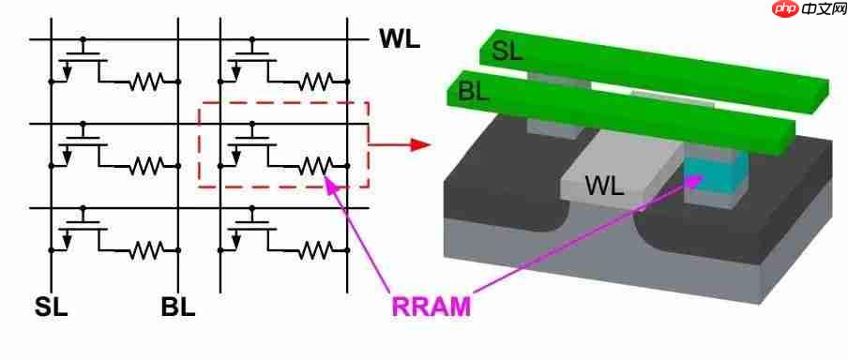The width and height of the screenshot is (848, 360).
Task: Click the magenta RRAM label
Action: [431, 307]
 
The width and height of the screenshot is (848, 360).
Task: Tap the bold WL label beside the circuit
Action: [399, 38]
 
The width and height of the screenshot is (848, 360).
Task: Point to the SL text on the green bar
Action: [507, 52]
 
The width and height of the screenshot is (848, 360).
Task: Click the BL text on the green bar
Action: [474, 93]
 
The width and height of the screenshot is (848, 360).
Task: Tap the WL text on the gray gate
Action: [605, 187]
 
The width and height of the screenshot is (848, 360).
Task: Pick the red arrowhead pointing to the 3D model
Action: [419, 145]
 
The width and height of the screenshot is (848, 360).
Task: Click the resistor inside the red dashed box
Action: [315, 166]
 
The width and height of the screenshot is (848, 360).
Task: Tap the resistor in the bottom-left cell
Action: [145, 250]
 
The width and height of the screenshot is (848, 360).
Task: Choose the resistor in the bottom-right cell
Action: [315, 250]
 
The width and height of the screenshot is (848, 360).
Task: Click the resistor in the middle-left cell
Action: [145, 166]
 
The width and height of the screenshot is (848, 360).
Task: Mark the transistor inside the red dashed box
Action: [251, 146]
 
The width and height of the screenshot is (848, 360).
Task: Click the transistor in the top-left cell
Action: [82, 61]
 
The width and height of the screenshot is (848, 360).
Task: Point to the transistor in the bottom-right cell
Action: [251, 230]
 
